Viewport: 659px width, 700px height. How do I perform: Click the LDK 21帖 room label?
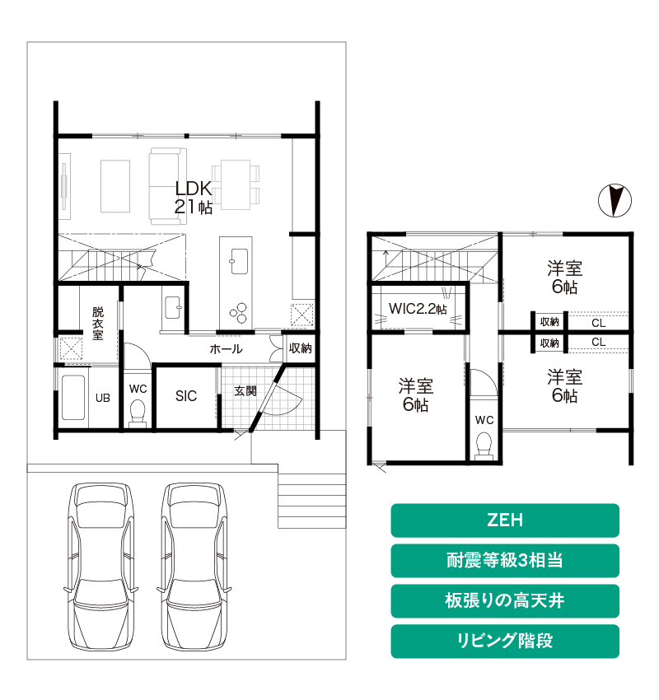pos(194,198)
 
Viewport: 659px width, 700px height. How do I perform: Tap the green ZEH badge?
pos(504,520)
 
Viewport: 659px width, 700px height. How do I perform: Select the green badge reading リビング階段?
pos(504,641)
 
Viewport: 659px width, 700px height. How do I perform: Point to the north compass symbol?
pos(615,200)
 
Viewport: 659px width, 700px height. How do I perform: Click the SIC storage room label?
pos(186,396)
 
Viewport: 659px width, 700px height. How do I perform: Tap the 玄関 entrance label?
pos(245,391)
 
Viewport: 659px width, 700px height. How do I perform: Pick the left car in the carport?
pos(100,567)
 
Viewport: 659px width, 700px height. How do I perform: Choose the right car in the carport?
pos(194,567)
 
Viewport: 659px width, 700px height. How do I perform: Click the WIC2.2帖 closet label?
pos(418,309)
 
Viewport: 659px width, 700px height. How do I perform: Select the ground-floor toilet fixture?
pos(137,412)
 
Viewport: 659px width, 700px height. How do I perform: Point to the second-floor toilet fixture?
pos(484,446)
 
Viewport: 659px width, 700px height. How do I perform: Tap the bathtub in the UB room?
pos(73,397)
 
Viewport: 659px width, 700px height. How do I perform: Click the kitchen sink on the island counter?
pos(239,261)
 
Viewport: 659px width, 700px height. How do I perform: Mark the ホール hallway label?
pos(226,348)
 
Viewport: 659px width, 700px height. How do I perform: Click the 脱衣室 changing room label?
pos(98,323)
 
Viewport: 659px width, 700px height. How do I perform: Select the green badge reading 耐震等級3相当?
pos(504,560)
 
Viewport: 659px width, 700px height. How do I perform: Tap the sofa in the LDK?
pos(167,186)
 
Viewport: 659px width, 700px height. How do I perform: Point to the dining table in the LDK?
pos(236,184)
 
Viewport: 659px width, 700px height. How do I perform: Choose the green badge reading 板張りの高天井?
pos(504,600)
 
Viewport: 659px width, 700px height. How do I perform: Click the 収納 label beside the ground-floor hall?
pos(300,348)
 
